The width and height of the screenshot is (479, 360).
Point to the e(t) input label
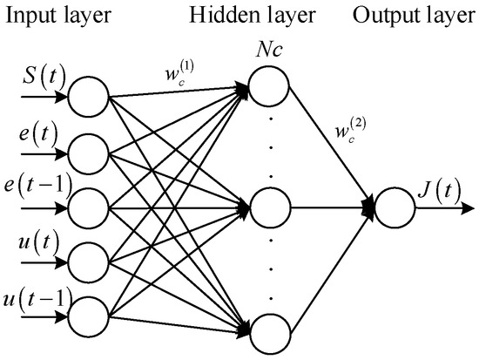34,139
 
